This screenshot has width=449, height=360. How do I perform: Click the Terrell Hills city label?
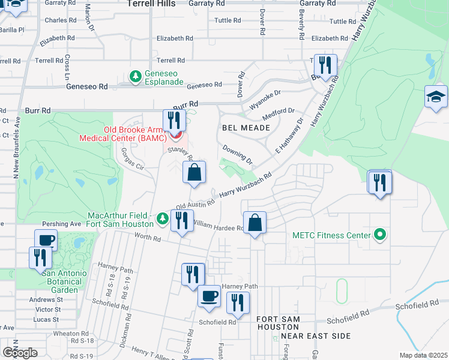(151, 4)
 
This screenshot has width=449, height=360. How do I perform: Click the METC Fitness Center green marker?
(379, 235)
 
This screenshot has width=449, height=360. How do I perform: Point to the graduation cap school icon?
(435, 97)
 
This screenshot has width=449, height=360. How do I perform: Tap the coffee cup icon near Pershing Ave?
(46, 240)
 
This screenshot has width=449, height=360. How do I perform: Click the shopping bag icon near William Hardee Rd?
(255, 223)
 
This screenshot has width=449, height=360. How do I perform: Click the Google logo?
(19, 353)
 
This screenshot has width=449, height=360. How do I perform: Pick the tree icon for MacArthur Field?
(161, 220)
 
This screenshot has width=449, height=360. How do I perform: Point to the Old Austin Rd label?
(195, 205)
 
